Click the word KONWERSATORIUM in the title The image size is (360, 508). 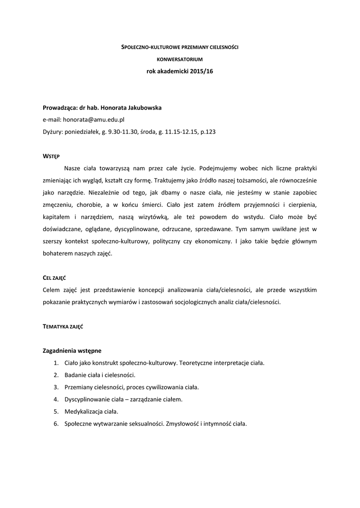tap(180, 59)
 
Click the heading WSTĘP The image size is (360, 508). tap(51, 156)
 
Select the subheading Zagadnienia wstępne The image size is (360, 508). tap(72, 350)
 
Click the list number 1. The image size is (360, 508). tap(56, 363)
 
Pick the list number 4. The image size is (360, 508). tap(56, 399)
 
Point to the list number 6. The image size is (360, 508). tap(56, 424)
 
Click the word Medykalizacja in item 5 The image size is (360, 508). tap(82, 412)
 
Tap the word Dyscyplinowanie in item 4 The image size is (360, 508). tap(87, 399)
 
